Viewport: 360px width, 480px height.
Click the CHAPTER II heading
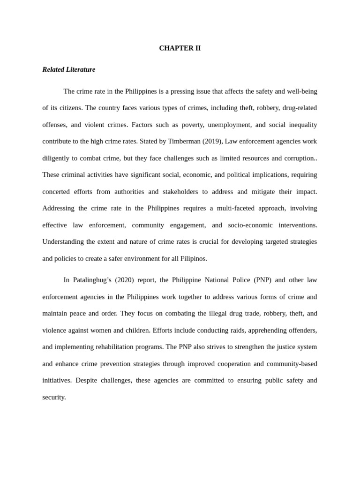[180, 48]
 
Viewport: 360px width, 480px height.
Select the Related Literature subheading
[68, 69]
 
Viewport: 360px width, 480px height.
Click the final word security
[54, 397]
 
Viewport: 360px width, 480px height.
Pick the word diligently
[57, 158]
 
